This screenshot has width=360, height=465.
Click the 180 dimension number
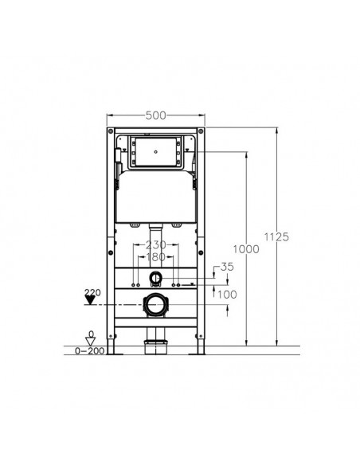coord(156,257)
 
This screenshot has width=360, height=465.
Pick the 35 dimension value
coord(227,267)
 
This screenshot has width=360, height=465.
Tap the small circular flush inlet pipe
coord(156,279)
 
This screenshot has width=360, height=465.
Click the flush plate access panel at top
coord(156,150)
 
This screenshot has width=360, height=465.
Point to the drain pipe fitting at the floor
coord(156,345)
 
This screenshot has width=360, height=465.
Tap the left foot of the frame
coord(111,347)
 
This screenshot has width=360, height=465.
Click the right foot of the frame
coord(202,347)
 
